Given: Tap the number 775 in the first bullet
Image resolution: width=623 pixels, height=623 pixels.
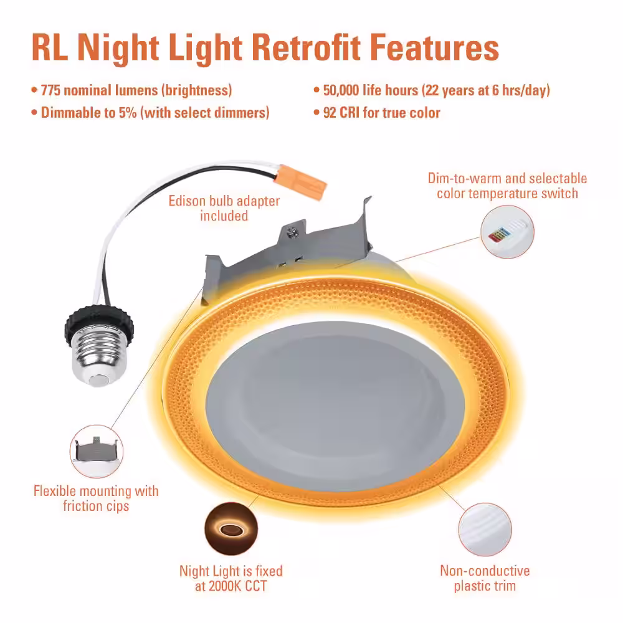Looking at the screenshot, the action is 50,90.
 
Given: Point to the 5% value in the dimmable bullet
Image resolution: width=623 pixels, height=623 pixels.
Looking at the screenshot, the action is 128,112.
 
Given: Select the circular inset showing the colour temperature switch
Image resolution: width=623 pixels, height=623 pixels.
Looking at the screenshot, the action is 507,232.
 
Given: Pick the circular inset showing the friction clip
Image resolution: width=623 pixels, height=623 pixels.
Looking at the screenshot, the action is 97,451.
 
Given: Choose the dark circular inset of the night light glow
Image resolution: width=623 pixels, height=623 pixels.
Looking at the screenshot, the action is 231,529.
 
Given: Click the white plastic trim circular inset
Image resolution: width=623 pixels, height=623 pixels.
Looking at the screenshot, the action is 485,530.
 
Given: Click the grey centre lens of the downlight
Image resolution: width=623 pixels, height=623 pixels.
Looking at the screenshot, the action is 335,406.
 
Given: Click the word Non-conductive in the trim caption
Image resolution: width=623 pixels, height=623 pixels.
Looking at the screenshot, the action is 485,571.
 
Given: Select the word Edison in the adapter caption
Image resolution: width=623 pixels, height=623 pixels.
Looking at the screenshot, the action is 187,201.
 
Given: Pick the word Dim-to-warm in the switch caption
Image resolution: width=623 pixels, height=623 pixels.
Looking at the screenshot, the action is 465,178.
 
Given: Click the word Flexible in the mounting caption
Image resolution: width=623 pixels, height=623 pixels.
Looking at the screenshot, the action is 55,491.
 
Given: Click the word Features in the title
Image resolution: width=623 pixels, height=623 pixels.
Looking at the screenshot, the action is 434,48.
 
